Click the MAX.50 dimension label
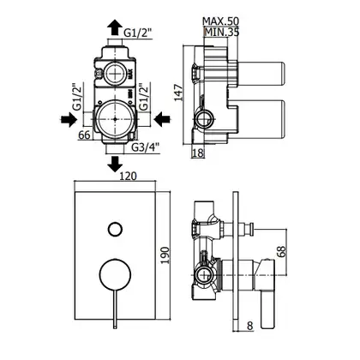220,21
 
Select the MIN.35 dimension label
222,33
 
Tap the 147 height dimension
179,92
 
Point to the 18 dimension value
198,153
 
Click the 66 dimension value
84,135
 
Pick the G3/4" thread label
145,147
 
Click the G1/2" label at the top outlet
137,33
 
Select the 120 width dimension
127,177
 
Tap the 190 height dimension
165,255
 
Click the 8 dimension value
249,326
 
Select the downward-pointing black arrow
115,164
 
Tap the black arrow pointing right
69,119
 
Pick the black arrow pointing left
162,119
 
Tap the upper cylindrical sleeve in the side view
261,74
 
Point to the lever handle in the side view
267,293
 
